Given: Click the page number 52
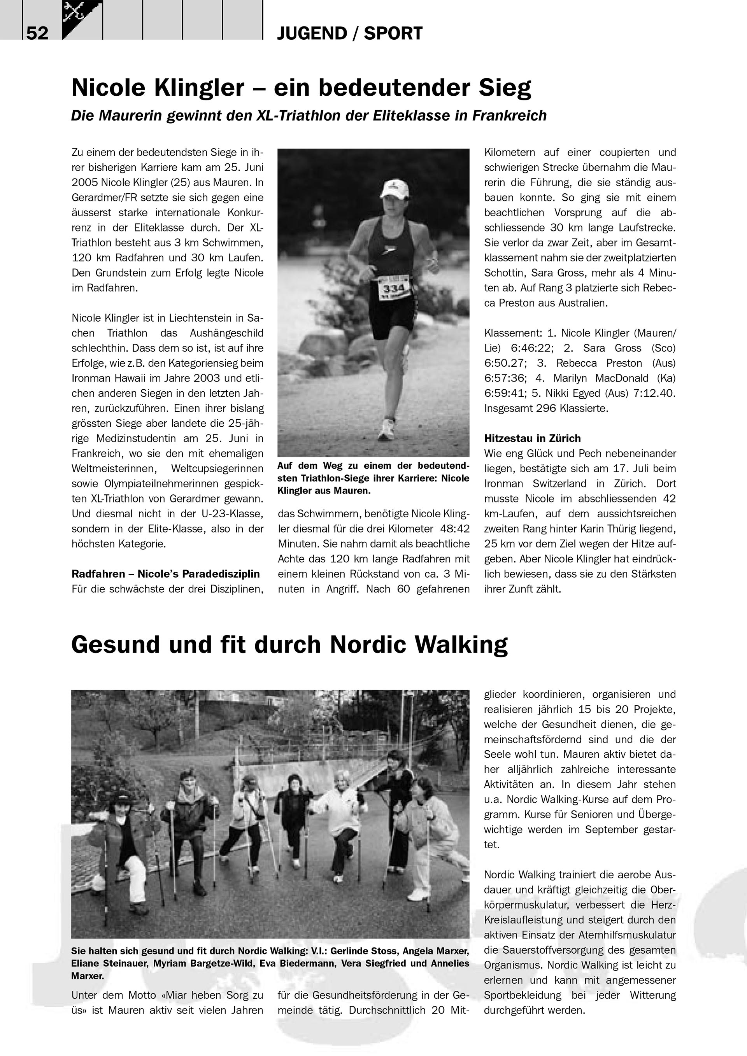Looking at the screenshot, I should coord(37,33).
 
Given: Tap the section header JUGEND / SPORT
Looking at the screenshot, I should coord(350,33).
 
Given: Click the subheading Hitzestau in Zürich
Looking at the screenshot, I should coord(532,438).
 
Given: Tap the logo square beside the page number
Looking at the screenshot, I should coord(82,19).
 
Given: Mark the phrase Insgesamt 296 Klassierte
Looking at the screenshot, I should coord(546,408).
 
